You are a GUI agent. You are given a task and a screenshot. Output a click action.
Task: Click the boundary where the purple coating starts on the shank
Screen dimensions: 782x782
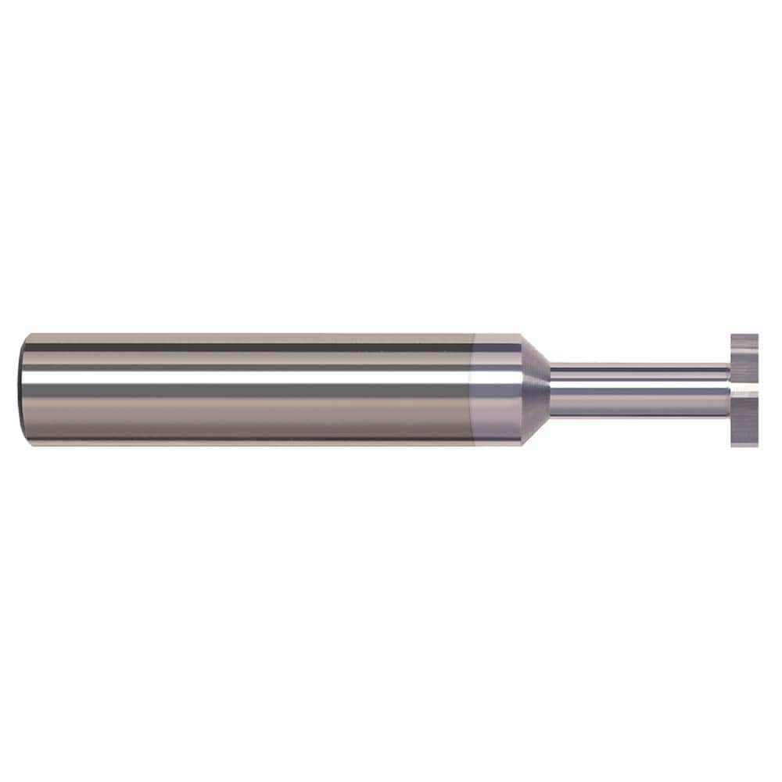pyautogui.click(x=475, y=389)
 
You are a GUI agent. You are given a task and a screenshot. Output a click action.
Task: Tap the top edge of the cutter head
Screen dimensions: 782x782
pyautogui.click(x=744, y=335)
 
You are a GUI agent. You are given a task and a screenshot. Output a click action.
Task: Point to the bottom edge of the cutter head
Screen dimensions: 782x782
pyautogui.click(x=744, y=446)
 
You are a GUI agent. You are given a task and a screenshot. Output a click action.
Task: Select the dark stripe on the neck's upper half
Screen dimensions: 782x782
pyautogui.click(x=641, y=371)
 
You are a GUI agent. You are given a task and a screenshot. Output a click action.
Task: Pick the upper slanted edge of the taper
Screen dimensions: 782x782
pyautogui.click(x=536, y=349)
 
